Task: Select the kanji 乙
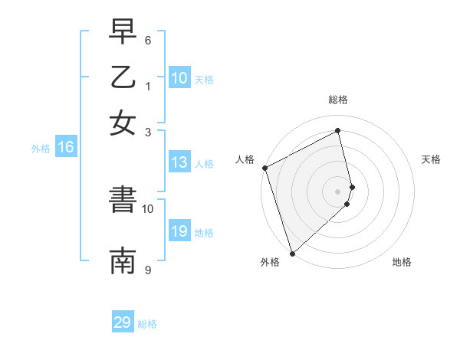pyautogui.click(x=123, y=78)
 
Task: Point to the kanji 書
pyautogui.click(x=123, y=201)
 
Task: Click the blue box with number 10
pyautogui.click(x=179, y=78)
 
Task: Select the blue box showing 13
pyautogui.click(x=179, y=162)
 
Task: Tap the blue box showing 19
pyautogui.click(x=179, y=231)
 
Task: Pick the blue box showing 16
pyautogui.click(x=66, y=148)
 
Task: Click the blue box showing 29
pyautogui.click(x=123, y=322)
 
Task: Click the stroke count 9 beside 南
pyautogui.click(x=148, y=269)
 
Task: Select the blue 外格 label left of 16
pyautogui.click(x=40, y=149)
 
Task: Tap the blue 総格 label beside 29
pyautogui.click(x=147, y=324)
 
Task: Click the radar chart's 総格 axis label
pyautogui.click(x=337, y=100)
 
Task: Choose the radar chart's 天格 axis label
pyautogui.click(x=431, y=159)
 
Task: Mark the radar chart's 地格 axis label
pyautogui.click(x=402, y=263)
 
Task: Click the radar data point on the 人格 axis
pyautogui.click(x=264, y=168)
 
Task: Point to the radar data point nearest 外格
pyautogui.click(x=292, y=252)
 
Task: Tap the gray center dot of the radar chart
pyautogui.click(x=337, y=191)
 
